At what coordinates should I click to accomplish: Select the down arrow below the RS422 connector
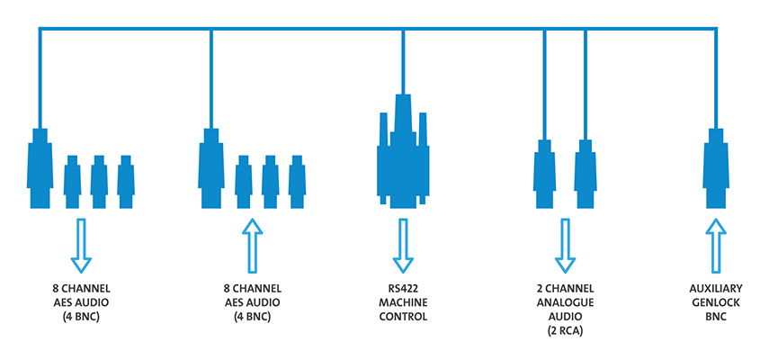click(x=403, y=246)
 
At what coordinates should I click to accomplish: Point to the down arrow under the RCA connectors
click(x=565, y=246)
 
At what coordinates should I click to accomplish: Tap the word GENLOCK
click(x=716, y=304)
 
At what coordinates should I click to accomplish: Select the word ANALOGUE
click(x=565, y=304)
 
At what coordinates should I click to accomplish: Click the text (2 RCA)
click(x=565, y=331)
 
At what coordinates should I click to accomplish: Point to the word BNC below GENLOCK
click(x=716, y=318)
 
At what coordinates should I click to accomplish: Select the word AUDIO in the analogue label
click(x=565, y=318)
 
